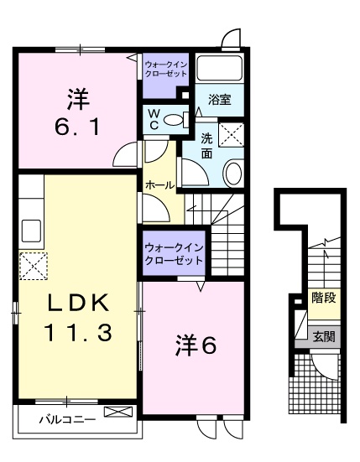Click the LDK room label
(78, 302)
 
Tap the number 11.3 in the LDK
(78, 333)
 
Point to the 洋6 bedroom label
(196, 344)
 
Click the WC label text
(154, 118)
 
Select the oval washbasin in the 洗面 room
(232, 173)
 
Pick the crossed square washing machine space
(231, 133)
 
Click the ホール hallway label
(159, 184)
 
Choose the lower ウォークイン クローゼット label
(174, 253)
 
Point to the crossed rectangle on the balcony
(117, 413)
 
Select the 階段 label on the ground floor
(323, 298)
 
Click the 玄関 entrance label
(323, 337)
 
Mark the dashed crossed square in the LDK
(34, 267)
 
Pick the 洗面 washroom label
(206, 147)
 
